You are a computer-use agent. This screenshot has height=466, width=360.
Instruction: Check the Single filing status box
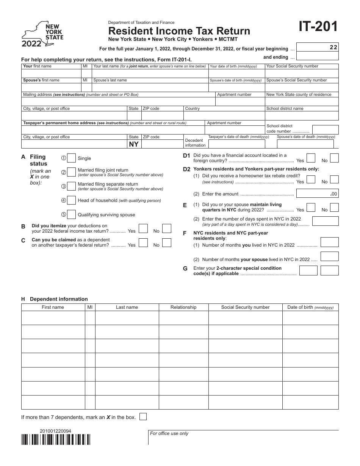[71, 158]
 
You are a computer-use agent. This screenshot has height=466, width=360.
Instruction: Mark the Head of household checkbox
[71, 200]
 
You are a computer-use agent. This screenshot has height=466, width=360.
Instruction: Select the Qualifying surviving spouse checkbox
[71, 214]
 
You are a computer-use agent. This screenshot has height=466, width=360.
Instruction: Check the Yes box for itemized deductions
[143, 228]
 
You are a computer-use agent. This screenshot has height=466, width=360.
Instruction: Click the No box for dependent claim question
[166, 242]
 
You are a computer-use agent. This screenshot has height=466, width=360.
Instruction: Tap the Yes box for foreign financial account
[311, 158]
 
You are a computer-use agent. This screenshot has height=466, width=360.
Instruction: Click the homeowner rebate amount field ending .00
[317, 194]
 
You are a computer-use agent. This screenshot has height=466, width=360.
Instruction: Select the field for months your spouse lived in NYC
[329, 256]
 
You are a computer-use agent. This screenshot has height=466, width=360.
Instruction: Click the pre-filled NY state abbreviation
[134, 144]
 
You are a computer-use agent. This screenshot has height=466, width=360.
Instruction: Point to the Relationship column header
[183, 307]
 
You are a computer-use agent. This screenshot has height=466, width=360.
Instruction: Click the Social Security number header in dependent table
[245, 307]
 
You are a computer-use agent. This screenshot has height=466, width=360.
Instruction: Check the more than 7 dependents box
[143, 417]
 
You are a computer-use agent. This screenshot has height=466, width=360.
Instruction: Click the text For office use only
[169, 433]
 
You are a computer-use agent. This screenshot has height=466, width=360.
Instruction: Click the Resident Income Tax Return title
[179, 31]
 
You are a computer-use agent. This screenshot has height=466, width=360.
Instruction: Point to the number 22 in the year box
[333, 47]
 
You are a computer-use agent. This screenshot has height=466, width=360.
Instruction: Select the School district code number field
[325, 130]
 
